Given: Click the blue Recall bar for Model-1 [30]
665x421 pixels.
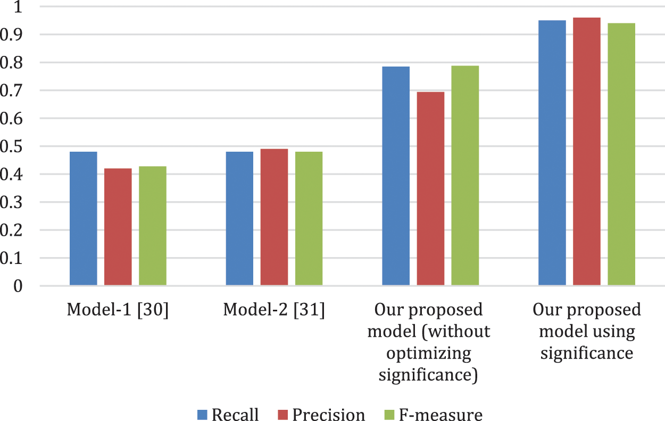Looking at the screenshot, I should pos(84,219).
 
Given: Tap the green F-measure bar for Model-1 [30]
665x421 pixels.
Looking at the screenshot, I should pos(153,226).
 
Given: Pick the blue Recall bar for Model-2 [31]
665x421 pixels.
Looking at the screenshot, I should pos(239,219).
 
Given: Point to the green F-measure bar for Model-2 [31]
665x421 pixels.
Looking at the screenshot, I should pos(309,219).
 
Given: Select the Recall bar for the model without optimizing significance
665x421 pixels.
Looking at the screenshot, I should pos(396,176).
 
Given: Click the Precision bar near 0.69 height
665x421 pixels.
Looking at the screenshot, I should pos(430,189).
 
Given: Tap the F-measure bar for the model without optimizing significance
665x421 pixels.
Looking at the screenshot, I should pos(465,176).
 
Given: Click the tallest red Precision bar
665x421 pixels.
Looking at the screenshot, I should pos(586,152).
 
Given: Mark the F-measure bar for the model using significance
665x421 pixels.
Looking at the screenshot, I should pos(621,154).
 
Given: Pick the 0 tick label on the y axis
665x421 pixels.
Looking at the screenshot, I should pos(19,286).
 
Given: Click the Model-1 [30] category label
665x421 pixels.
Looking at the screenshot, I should pos(118,310).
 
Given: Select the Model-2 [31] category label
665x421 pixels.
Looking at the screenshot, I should pos(274,310).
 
